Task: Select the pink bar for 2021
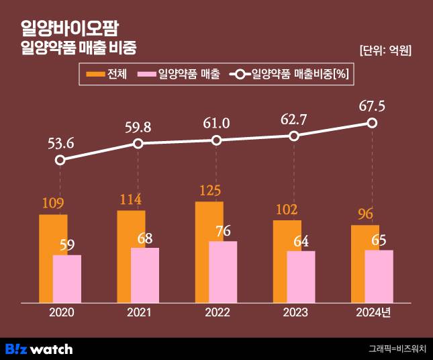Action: [145, 275]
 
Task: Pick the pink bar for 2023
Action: [301, 277]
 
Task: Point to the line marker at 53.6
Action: [60, 160]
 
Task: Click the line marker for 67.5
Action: [372, 123]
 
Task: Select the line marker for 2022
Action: [216, 140]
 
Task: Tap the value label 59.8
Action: [138, 126]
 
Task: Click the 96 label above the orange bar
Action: [365, 215]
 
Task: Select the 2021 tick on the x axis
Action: [138, 313]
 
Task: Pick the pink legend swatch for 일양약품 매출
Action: [146, 74]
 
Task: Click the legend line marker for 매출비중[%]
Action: [240, 74]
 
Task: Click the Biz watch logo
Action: [39, 349]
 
